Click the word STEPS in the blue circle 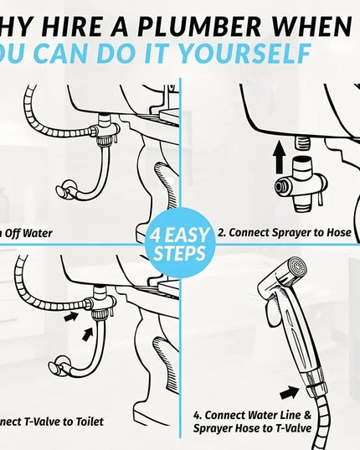coord(180,251)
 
